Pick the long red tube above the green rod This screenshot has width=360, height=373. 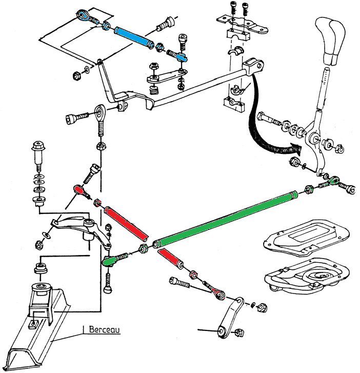coord(126,222)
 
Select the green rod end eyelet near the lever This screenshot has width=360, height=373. coord(334,180)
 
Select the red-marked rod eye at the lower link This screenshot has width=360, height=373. coord(220,294)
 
